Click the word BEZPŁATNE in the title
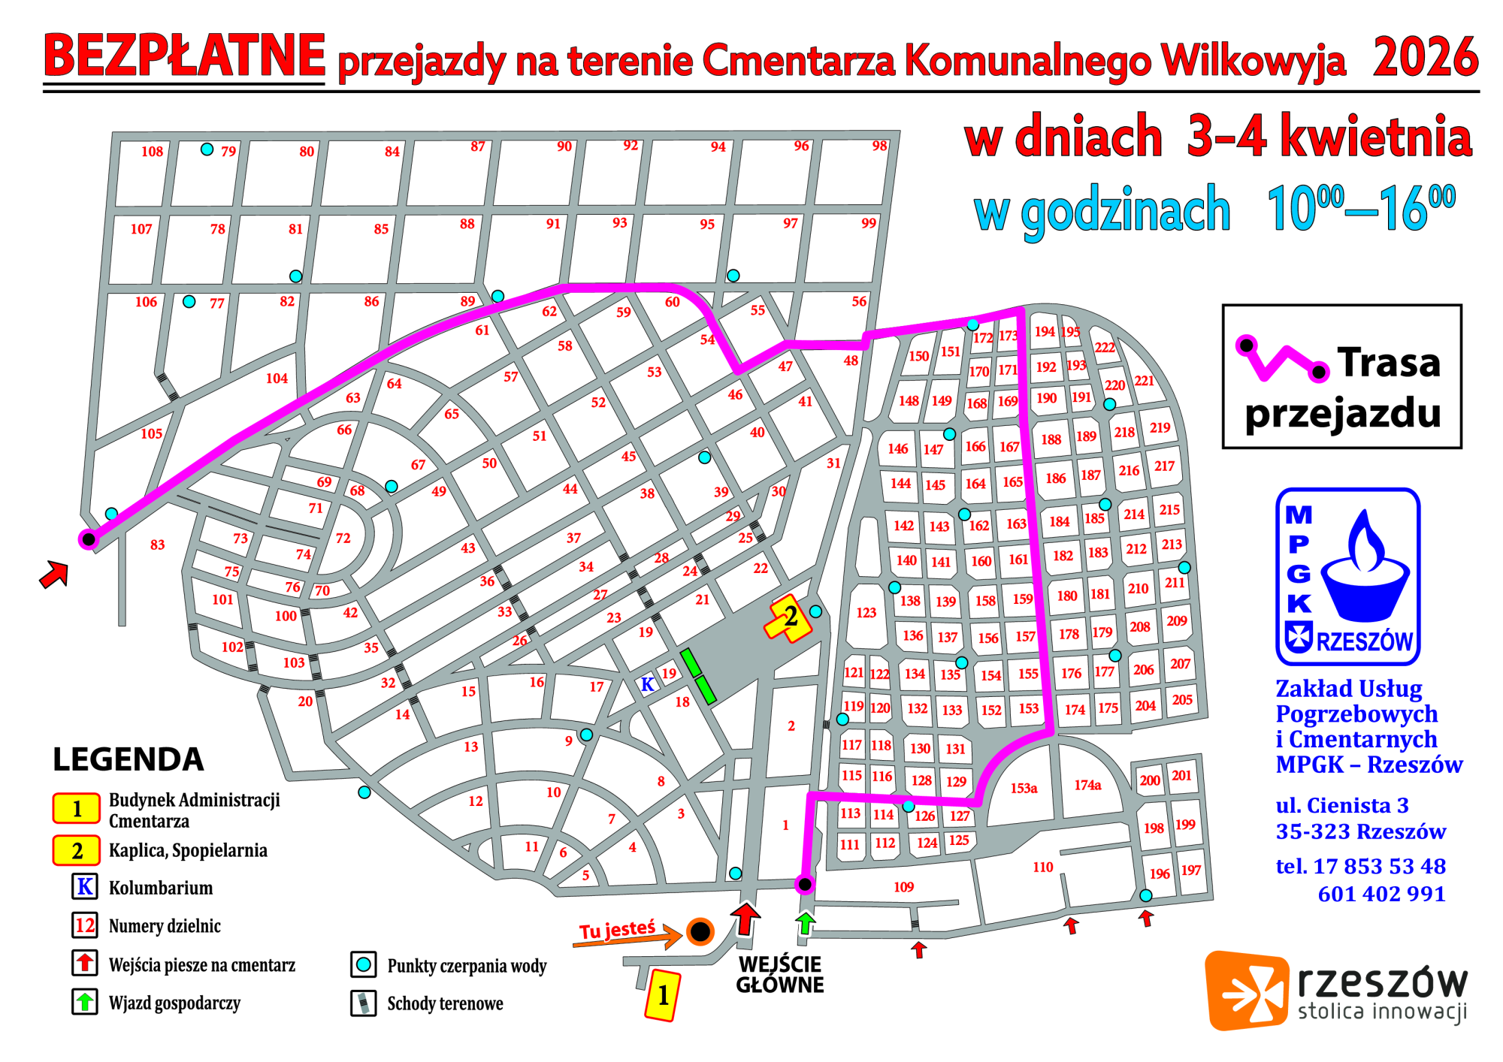click(x=184, y=56)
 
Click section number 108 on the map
click(x=152, y=152)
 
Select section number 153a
click(x=1024, y=788)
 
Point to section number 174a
click(x=1087, y=785)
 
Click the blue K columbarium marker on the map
click(x=647, y=684)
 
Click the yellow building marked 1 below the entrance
click(x=662, y=995)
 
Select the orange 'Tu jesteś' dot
click(x=700, y=932)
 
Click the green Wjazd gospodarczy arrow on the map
click(x=806, y=922)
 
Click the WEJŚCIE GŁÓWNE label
click(x=779, y=974)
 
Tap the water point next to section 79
click(x=207, y=149)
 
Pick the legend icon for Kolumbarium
click(x=85, y=887)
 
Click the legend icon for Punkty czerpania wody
click(x=364, y=964)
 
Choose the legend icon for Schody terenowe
click(x=364, y=1003)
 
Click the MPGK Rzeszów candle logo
click(x=1347, y=576)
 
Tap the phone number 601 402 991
click(x=1381, y=894)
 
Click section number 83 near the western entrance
click(x=157, y=545)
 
